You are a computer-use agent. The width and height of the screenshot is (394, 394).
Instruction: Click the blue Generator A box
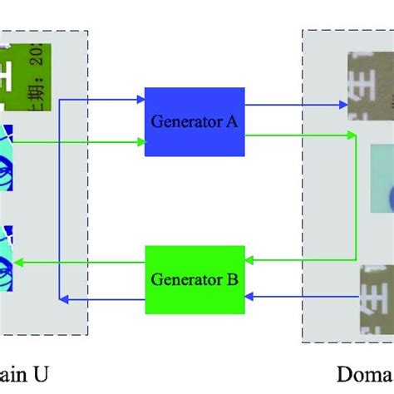click(x=194, y=121)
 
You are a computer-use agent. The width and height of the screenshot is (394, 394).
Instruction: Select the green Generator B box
click(x=194, y=278)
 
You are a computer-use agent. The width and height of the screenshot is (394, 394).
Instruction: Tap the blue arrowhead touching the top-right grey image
click(x=344, y=105)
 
